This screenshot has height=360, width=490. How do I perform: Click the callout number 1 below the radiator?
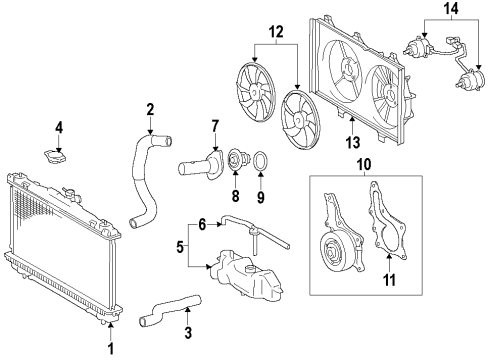112,348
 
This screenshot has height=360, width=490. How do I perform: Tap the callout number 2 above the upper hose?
149,109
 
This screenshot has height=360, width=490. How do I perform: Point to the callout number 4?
59,127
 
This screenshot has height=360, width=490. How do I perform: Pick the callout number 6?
202,226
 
